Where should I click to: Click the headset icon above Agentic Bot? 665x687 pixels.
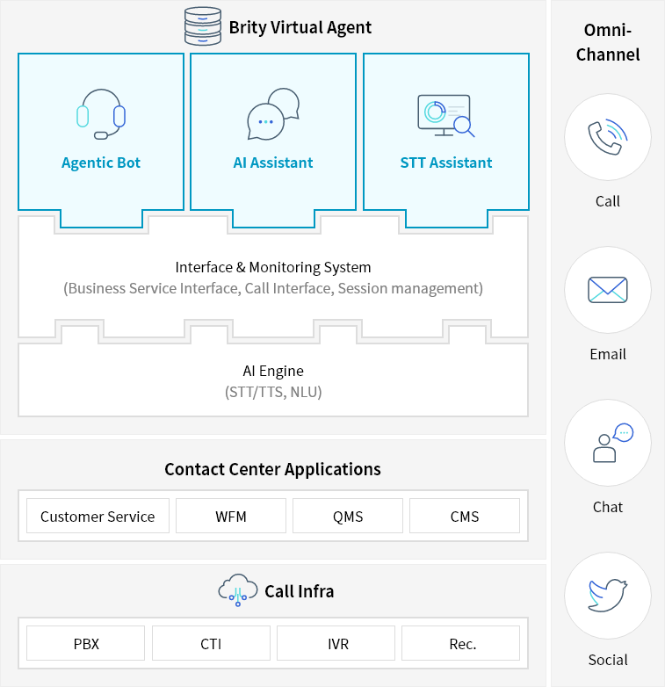(101, 114)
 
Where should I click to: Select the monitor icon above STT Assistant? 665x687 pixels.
(445, 114)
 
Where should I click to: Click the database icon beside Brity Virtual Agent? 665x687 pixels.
(203, 26)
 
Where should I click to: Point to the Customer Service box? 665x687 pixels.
(98, 517)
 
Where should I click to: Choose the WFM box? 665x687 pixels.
(231, 517)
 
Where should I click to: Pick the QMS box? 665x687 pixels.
(348, 517)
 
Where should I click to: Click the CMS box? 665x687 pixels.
(465, 517)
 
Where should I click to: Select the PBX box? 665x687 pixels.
(86, 644)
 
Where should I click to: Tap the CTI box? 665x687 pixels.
(211, 644)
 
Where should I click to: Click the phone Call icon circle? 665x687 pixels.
(608, 137)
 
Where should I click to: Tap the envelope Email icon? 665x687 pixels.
(608, 290)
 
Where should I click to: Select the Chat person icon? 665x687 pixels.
(608, 443)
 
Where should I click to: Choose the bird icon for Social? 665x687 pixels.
(608, 596)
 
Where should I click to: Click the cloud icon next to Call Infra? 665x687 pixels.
(238, 590)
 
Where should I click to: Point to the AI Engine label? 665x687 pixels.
(273, 371)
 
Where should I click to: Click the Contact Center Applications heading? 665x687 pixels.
(273, 469)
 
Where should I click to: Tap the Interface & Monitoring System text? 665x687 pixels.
(273, 267)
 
